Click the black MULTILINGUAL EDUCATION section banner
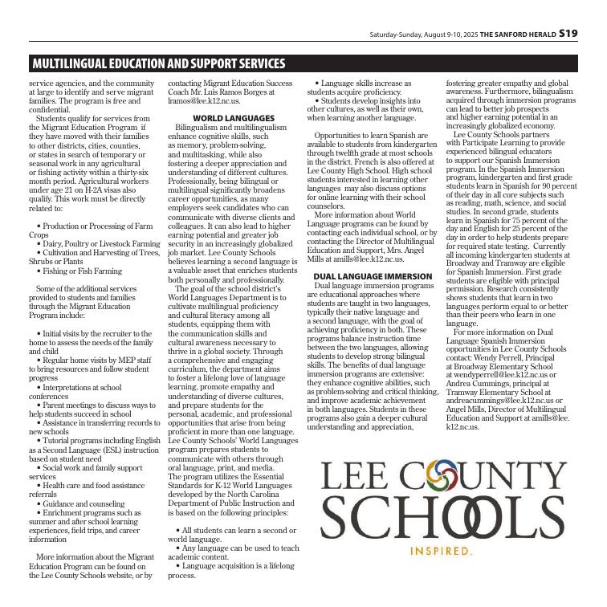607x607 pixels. tap(158, 63)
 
